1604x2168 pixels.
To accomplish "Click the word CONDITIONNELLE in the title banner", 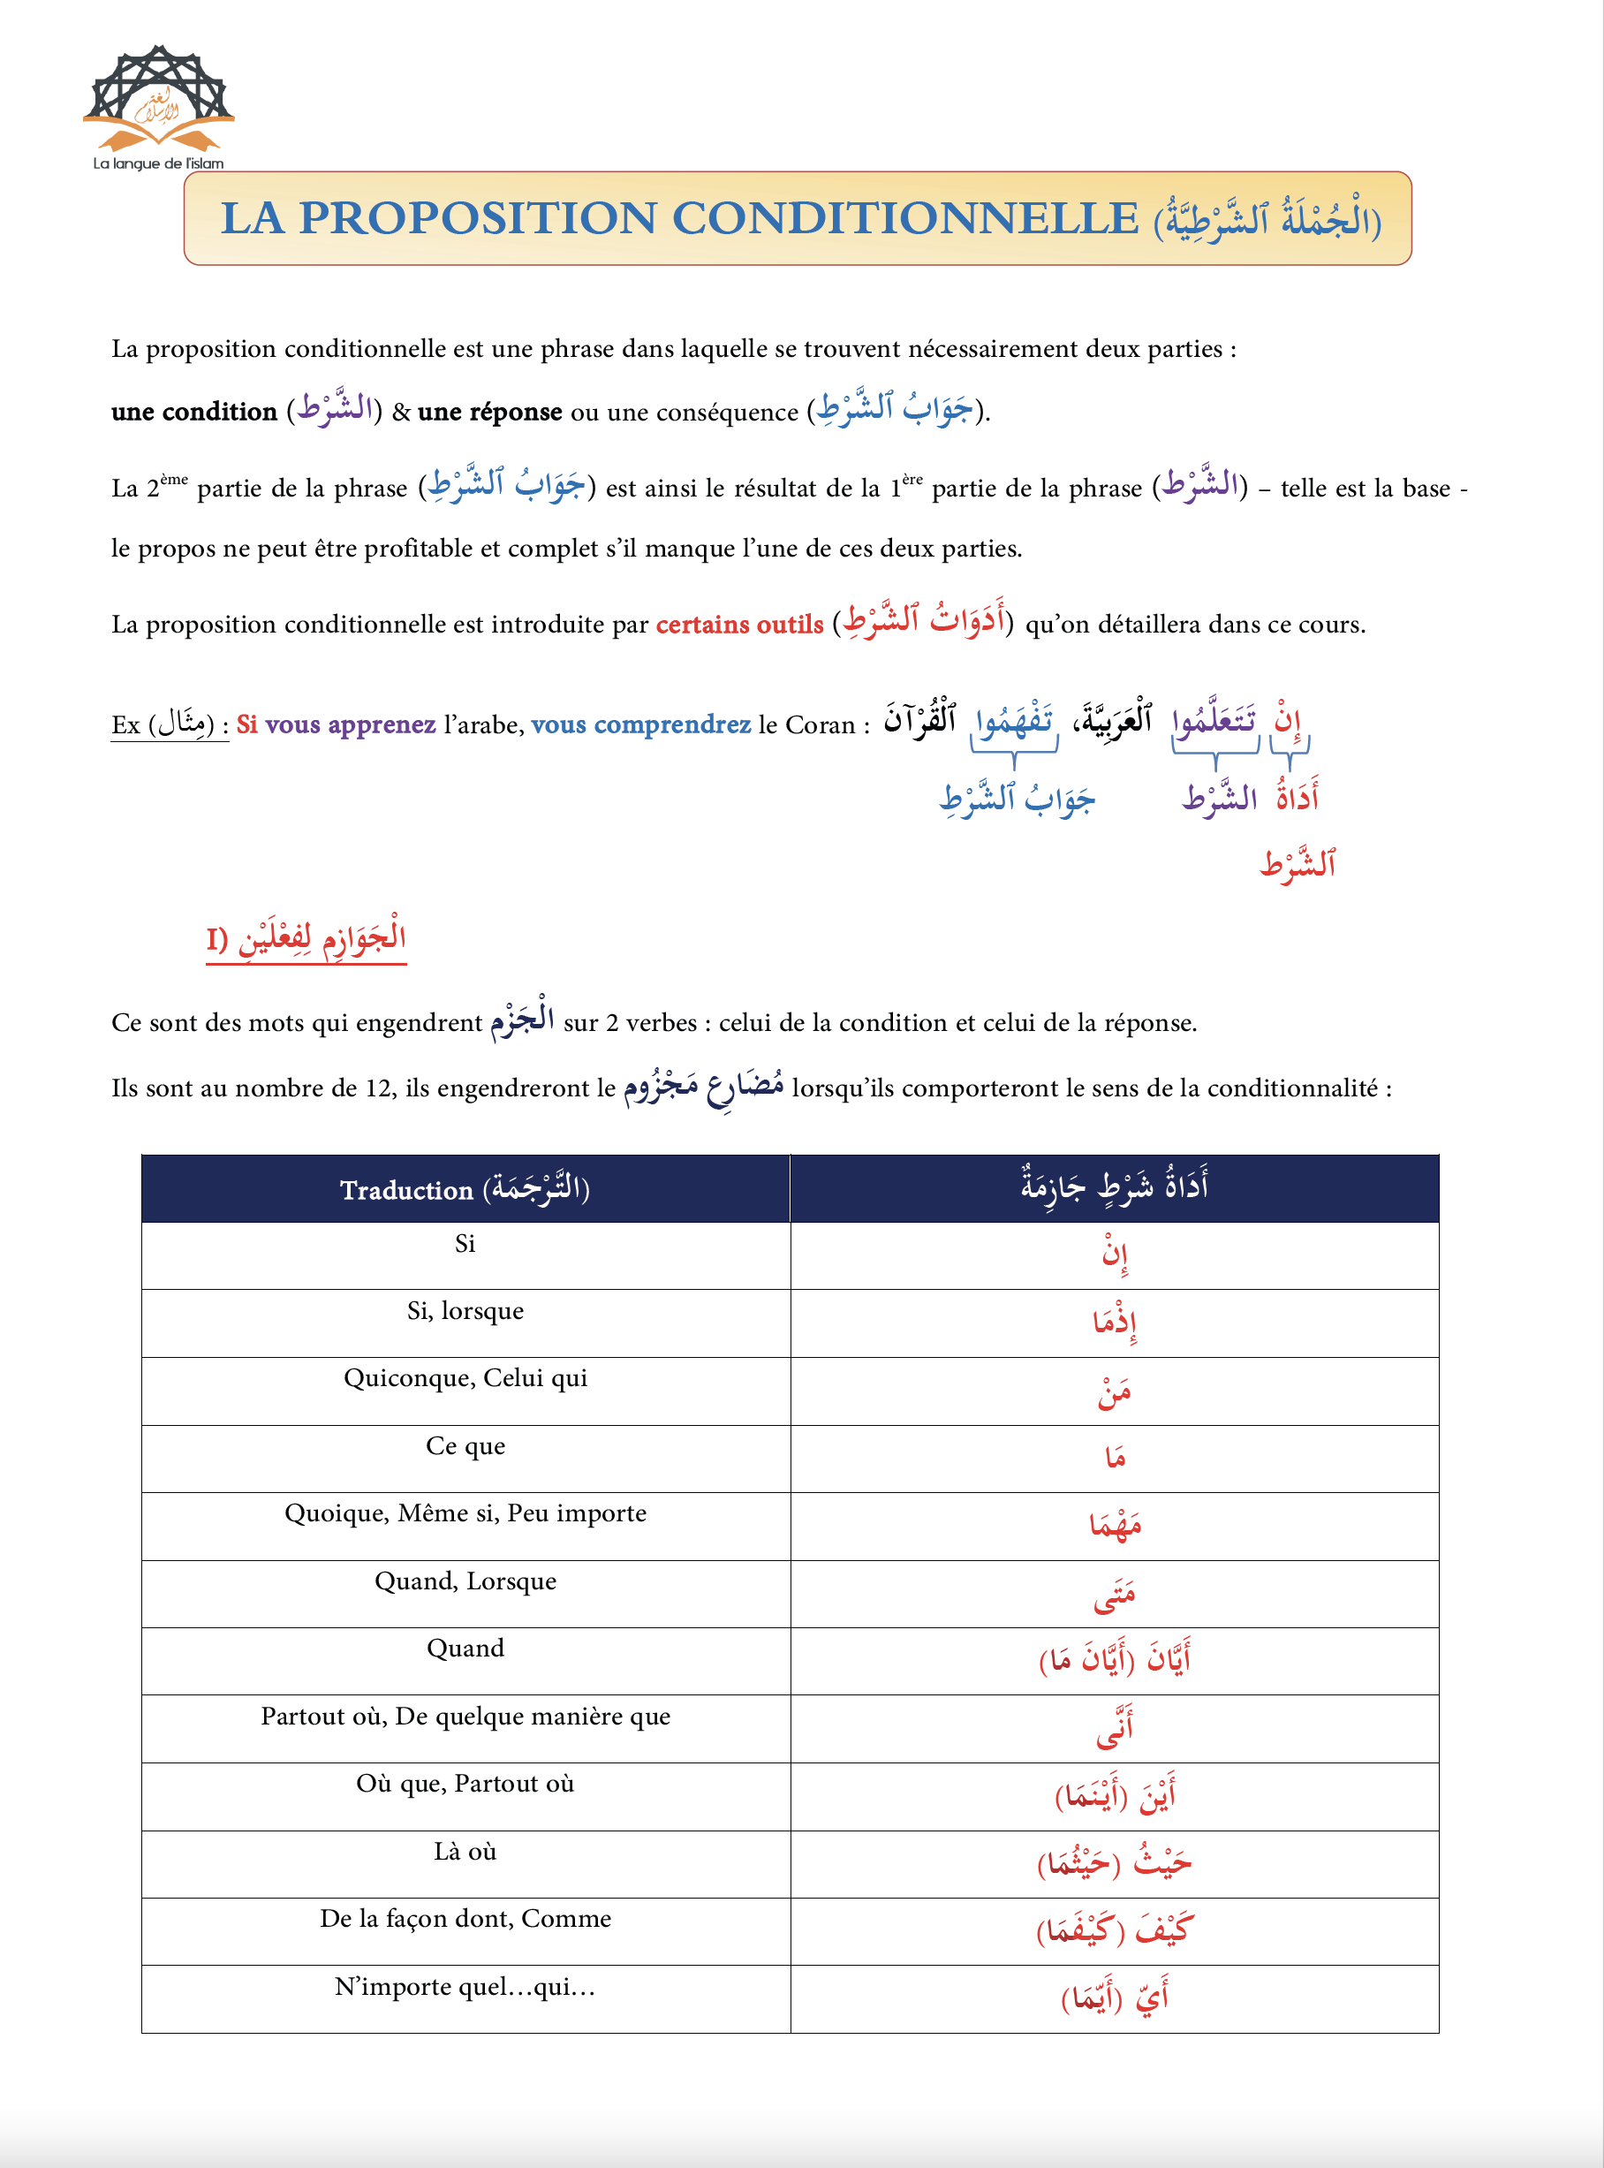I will coord(905,218).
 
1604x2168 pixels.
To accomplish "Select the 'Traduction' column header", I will coord(465,1189).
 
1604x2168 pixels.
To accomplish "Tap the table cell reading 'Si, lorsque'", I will coord(465,1312).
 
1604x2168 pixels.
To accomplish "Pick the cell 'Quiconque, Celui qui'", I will coord(465,1379).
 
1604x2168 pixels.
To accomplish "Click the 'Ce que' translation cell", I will coord(465,1446).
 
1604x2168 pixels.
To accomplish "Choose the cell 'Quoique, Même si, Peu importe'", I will coord(465,1513).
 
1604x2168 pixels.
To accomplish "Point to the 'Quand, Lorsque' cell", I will coord(465,1581).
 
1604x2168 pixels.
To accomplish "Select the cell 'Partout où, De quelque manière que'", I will coord(465,1717).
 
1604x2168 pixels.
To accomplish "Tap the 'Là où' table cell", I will coord(465,1852).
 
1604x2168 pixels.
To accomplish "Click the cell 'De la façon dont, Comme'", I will coord(465,1920).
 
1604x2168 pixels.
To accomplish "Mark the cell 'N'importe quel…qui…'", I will coord(465,1988).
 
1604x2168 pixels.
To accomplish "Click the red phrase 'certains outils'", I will coord(739,625).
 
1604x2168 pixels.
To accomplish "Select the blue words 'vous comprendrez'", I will coord(641,725).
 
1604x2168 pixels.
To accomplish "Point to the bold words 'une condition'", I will coord(194,412).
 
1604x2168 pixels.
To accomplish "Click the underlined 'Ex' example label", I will coord(126,725).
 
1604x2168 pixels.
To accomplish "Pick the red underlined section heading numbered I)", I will coord(306,939).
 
